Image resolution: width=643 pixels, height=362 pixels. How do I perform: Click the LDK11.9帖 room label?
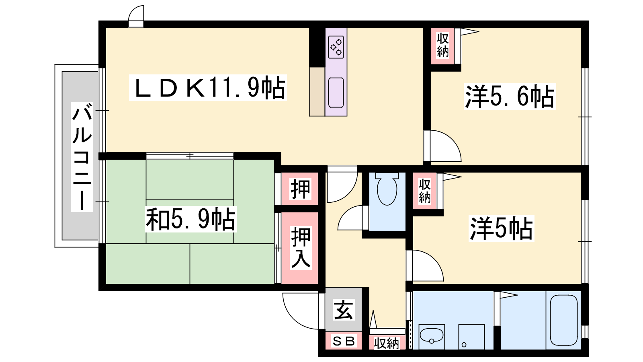[x=208, y=88]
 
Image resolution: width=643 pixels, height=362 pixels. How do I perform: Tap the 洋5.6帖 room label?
[x=510, y=97]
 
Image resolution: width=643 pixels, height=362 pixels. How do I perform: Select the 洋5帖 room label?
[x=501, y=228]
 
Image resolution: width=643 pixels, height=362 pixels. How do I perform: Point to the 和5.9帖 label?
[x=190, y=219]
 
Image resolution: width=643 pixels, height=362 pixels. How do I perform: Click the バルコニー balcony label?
[x=82, y=157]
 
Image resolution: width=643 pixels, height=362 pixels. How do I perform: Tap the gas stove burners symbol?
[x=336, y=47]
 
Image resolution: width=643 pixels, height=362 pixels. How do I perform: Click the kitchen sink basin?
[x=336, y=93]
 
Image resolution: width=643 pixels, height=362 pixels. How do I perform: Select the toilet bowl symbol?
[x=387, y=189]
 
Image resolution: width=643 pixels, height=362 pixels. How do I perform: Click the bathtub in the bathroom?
[x=564, y=320]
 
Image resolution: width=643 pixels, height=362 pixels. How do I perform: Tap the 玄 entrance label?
[x=344, y=310]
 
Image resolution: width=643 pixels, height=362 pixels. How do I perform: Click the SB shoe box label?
[x=344, y=341]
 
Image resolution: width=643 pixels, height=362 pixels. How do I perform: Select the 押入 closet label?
[x=301, y=248]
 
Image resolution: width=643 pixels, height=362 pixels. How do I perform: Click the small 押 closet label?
[x=300, y=189]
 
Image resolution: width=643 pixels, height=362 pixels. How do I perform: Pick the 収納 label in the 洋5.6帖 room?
[x=442, y=45]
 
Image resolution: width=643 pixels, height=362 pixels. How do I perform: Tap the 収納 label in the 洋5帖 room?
[x=424, y=191]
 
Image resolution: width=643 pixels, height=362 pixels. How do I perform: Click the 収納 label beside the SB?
[x=386, y=343]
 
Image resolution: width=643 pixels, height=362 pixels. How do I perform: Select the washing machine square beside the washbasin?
[x=471, y=337]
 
